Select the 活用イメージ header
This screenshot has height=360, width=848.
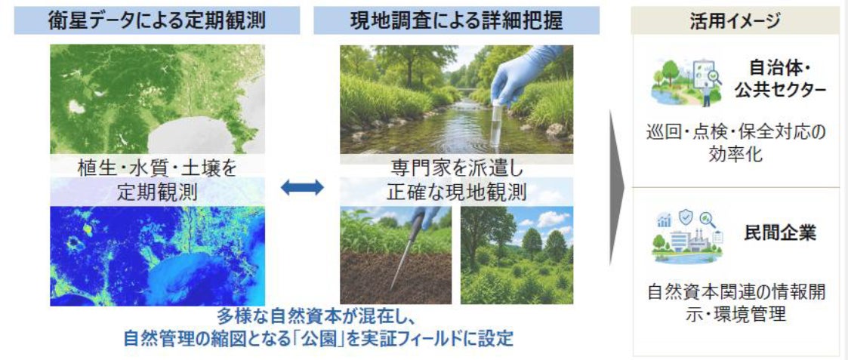click(735, 21)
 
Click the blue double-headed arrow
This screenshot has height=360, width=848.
click(302, 188)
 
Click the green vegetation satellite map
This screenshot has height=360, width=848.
click(157, 100)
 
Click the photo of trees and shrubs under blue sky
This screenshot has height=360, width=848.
click(517, 255)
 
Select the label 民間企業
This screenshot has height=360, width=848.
click(779, 234)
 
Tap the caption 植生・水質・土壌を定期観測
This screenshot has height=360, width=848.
click(157, 180)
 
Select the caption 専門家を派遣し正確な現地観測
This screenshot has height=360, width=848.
click(456, 180)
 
